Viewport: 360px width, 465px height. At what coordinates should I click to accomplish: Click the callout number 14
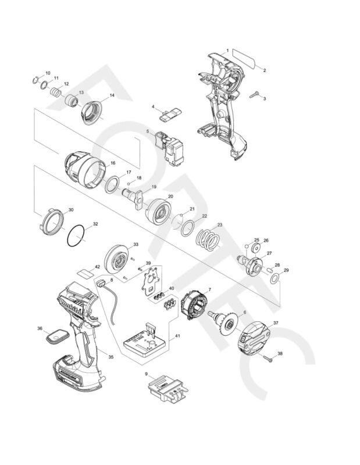112,95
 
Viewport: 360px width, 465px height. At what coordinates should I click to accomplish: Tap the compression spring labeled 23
206,238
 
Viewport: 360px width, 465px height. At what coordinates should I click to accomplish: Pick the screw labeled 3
254,94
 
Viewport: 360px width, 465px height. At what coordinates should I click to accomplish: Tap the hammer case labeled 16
84,168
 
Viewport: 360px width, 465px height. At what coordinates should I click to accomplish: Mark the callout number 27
269,253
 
